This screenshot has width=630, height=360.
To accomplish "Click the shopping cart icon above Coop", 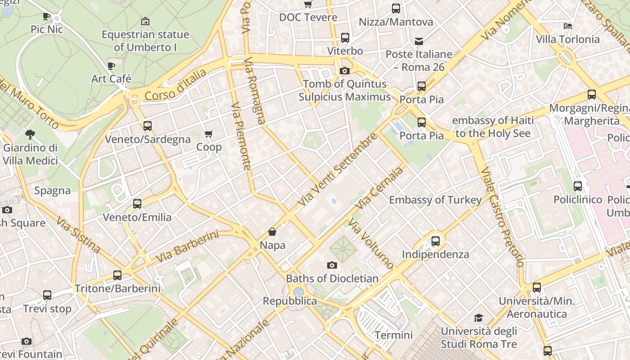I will pos(208,134).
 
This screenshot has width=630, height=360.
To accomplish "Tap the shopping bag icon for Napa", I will pos(272,232).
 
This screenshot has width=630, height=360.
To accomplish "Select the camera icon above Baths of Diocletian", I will pos(332,265).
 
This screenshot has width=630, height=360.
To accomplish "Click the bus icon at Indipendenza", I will pos(435,241).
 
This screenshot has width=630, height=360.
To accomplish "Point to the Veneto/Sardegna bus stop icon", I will pos(147,126).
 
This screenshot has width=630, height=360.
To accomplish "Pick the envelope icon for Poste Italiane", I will pos(419,41).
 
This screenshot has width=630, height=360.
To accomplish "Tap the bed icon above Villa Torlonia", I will pos(568,26).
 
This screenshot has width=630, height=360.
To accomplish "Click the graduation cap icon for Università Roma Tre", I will pos(478,318).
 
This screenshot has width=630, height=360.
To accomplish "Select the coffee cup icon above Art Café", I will pos(111,66).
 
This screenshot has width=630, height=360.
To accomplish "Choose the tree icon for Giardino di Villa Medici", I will pos(30,134).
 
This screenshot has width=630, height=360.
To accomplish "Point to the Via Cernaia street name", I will pos(379,188).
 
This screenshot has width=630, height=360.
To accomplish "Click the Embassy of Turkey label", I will pos(435,200).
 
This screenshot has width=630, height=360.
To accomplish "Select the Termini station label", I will pos(393,335).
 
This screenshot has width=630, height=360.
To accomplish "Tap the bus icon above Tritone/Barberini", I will pos(117,275).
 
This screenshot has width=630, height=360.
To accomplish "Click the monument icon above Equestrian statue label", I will pos(145,21).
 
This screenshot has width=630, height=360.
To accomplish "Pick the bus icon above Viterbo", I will pos(345,38).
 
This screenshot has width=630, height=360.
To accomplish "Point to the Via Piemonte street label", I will pos(241,136).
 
